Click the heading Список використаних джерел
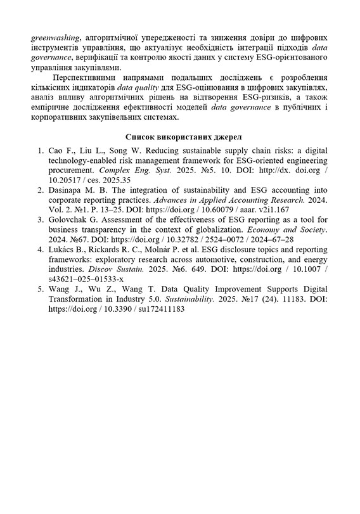pos(179,136)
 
